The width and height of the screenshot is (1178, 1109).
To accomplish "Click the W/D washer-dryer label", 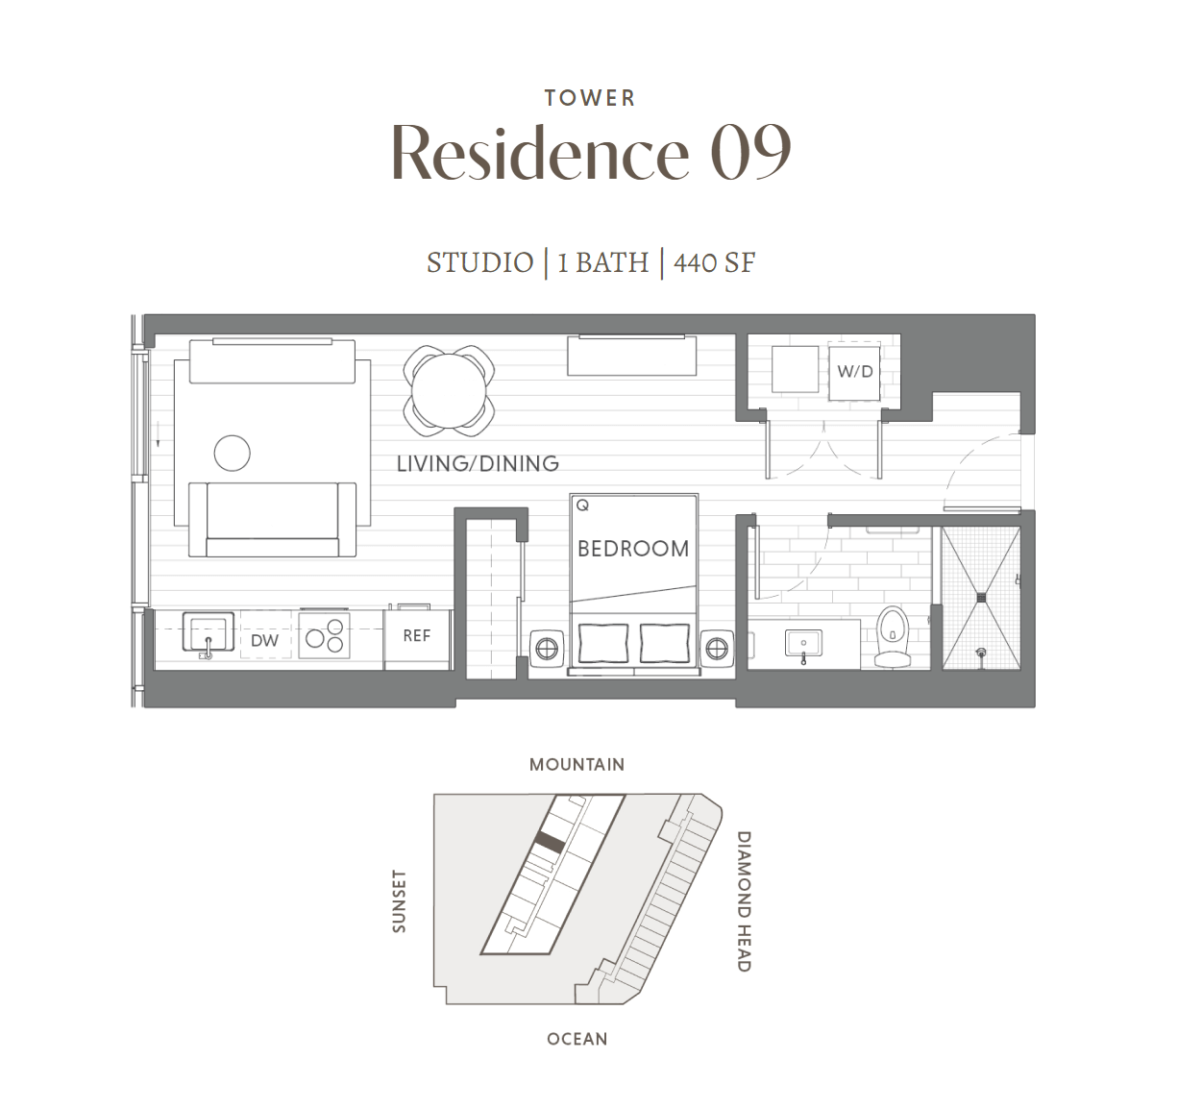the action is (855, 372).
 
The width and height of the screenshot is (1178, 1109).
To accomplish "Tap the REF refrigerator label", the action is (416, 635).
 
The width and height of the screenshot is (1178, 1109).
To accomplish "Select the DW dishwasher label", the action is (264, 640).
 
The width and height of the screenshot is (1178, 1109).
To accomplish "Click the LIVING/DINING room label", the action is (478, 463).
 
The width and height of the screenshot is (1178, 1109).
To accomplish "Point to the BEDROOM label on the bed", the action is (633, 549).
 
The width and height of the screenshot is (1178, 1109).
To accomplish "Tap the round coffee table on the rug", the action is (232, 454).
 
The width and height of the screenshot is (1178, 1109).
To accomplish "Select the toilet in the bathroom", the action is (892, 637).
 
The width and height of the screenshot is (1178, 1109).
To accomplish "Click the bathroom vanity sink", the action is (803, 644).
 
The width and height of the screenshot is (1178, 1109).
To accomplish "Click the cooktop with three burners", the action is (324, 635).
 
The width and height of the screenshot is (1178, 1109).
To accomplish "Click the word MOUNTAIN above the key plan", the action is (577, 765).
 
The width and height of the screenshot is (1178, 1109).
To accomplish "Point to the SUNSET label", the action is (399, 901).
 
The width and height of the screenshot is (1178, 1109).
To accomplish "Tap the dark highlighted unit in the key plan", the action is (550, 843).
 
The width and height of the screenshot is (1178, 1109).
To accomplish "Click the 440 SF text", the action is (714, 263).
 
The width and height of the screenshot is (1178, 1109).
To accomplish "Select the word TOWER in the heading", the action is (590, 98).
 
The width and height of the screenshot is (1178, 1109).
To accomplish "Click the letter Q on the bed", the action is (582, 505).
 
